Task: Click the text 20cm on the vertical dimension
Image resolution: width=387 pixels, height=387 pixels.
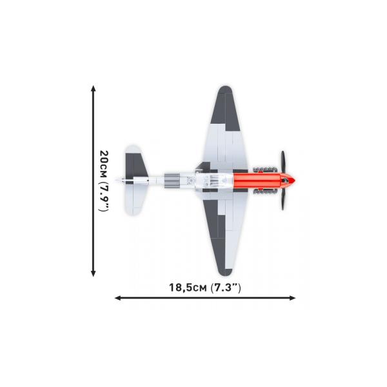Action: pyautogui.click(x=103, y=164)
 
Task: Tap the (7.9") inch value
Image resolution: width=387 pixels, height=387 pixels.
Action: pyautogui.click(x=104, y=197)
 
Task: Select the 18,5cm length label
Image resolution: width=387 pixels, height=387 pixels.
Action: pyautogui.click(x=188, y=288)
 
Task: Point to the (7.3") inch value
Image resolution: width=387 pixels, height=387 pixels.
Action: pyautogui.click(x=226, y=288)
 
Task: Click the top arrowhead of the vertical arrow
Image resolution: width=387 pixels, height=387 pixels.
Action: pyautogui.click(x=93, y=88)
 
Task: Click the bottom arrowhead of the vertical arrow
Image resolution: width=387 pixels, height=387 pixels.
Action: pyautogui.click(x=93, y=273)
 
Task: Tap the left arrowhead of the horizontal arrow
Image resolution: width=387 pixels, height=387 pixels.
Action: pyautogui.click(x=118, y=298)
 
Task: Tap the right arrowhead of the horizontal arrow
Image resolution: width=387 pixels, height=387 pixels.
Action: pyautogui.click(x=292, y=298)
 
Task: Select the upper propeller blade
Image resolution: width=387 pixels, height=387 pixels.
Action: pyautogui.click(x=283, y=163)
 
